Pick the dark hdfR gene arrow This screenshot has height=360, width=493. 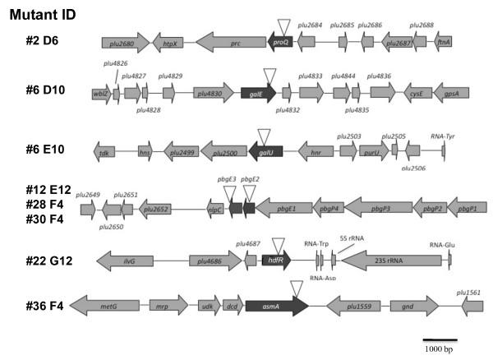[275, 261]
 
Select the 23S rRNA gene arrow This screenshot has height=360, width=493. [387, 261]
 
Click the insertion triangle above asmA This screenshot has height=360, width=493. [297, 288]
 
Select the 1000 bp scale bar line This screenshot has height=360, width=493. [440, 339]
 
